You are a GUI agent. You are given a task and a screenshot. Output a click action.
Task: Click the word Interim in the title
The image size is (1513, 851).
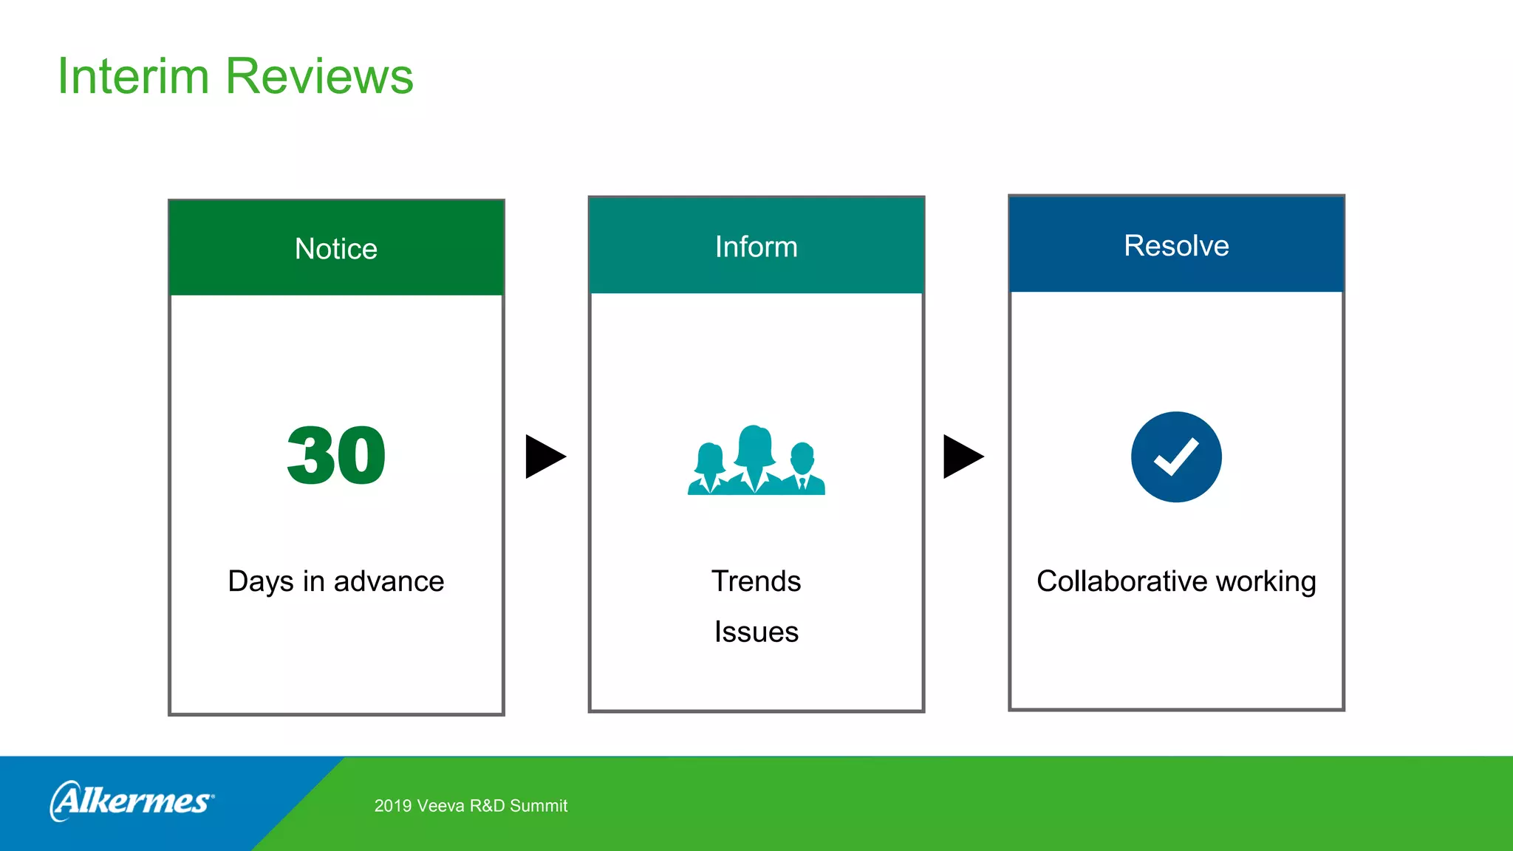click(x=133, y=76)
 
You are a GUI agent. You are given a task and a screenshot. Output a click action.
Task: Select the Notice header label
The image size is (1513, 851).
click(x=336, y=249)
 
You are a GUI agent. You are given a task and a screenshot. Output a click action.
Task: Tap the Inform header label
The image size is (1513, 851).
click(x=756, y=247)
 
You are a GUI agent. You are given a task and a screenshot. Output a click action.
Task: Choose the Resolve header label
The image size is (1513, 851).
click(x=1176, y=245)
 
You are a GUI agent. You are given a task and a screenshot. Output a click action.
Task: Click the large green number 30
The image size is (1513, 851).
click(x=336, y=456)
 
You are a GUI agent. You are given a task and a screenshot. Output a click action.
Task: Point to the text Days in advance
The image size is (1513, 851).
click(x=336, y=581)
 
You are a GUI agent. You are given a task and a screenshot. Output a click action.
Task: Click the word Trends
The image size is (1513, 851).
click(x=756, y=581)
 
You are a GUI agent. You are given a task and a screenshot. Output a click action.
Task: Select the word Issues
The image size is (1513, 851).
click(x=756, y=632)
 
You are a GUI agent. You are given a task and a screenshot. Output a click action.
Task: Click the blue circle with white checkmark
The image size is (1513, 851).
click(x=1176, y=457)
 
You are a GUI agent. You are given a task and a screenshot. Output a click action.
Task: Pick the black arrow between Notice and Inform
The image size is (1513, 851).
click(x=544, y=457)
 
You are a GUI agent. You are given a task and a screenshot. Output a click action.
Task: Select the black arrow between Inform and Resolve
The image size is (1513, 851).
click(x=962, y=457)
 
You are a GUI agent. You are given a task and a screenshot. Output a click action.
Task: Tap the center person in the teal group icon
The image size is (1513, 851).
click(x=754, y=458)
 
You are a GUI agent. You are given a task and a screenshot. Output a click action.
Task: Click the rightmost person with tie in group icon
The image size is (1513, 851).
click(x=802, y=470)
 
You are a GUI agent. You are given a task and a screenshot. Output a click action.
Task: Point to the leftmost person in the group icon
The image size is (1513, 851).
click(x=710, y=470)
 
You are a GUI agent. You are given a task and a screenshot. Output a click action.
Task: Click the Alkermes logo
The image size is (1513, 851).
click(x=133, y=801)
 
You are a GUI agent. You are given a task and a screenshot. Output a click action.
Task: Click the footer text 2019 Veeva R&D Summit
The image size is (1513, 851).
click(x=471, y=806)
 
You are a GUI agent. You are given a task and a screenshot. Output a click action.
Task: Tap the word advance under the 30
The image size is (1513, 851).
click(x=389, y=581)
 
